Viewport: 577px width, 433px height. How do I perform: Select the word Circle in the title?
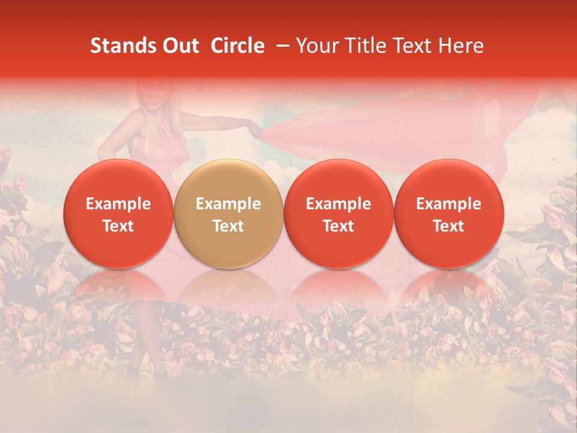pyautogui.click(x=237, y=46)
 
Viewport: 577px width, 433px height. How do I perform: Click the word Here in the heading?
pyautogui.click(x=463, y=46)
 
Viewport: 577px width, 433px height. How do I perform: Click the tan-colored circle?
pyautogui.click(x=228, y=214)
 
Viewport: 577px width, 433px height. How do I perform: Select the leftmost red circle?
pyautogui.click(x=118, y=214)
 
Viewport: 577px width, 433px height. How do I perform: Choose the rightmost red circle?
pyautogui.click(x=448, y=214)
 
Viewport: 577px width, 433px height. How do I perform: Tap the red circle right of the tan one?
pyautogui.click(x=338, y=214)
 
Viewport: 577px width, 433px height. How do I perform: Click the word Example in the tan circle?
pyautogui.click(x=228, y=204)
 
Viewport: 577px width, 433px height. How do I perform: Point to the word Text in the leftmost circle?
pyautogui.click(x=118, y=226)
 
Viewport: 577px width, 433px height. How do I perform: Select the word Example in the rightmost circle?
pyautogui.click(x=448, y=204)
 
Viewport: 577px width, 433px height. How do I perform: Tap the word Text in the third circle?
pyautogui.click(x=338, y=226)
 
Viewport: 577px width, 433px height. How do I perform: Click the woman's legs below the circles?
pyautogui.click(x=144, y=337)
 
